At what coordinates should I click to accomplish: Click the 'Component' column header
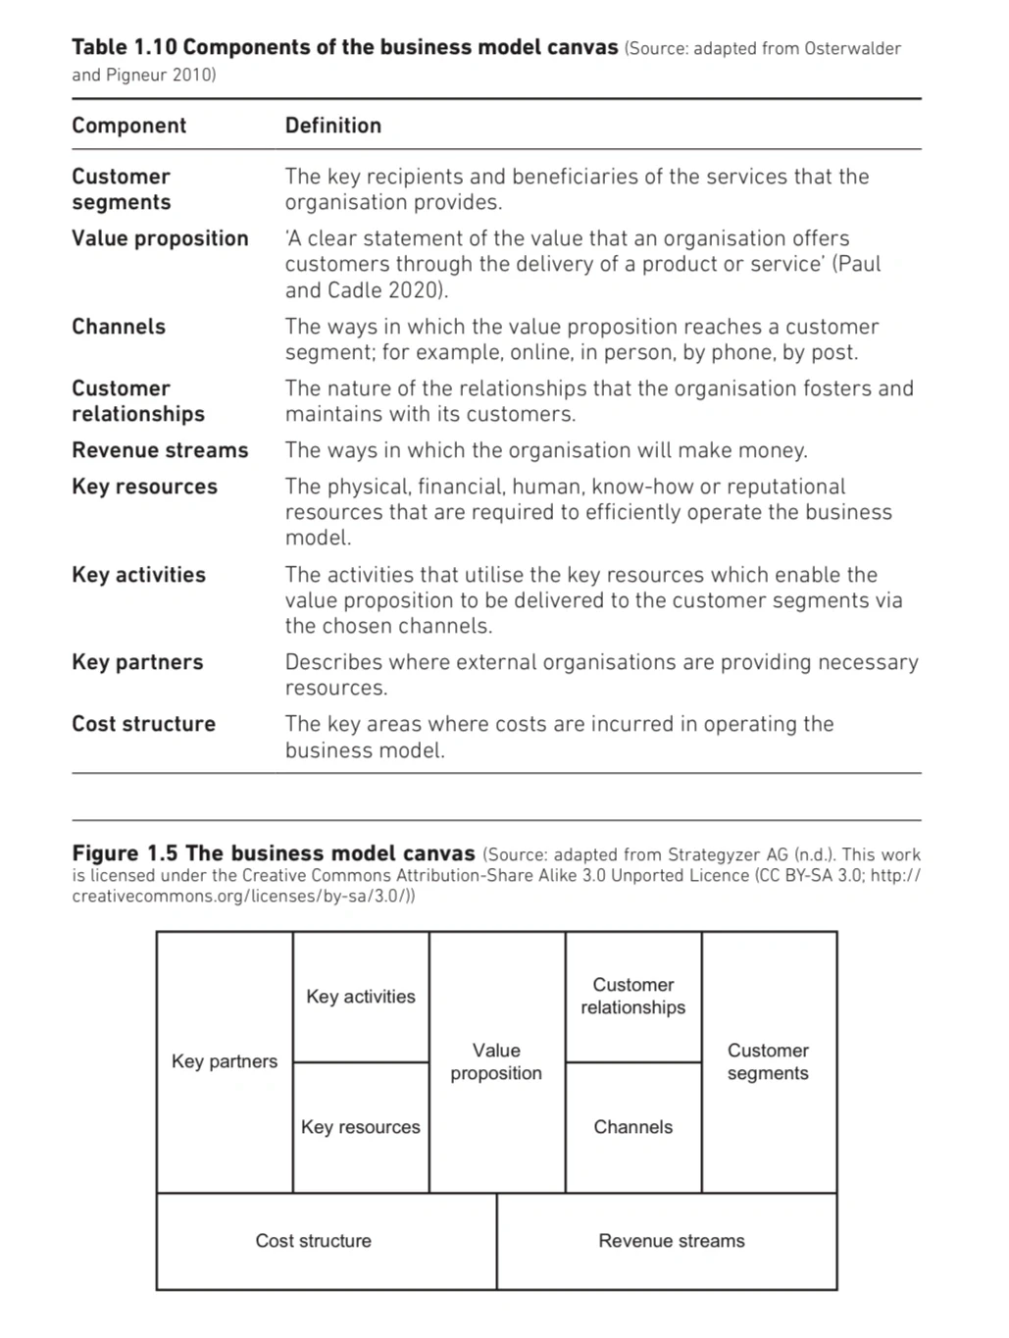point(128,126)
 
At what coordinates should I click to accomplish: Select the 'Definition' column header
point(332,126)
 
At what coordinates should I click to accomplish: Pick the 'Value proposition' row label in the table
point(160,238)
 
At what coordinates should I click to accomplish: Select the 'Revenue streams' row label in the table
point(160,450)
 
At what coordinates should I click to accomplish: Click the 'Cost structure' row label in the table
point(143,724)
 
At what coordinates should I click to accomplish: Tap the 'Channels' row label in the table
point(119,327)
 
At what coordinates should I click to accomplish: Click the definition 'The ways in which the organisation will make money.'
point(546,450)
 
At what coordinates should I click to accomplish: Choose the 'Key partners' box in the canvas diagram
point(225,1061)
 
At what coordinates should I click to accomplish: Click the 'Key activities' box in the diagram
point(361,997)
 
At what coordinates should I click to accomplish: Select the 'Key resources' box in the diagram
point(361,1127)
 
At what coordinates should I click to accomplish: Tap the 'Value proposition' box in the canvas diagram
point(496,1061)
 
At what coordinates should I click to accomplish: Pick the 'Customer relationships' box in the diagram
point(633,996)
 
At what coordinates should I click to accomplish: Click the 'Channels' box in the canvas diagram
point(633,1127)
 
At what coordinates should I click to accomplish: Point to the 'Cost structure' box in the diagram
point(314,1241)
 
